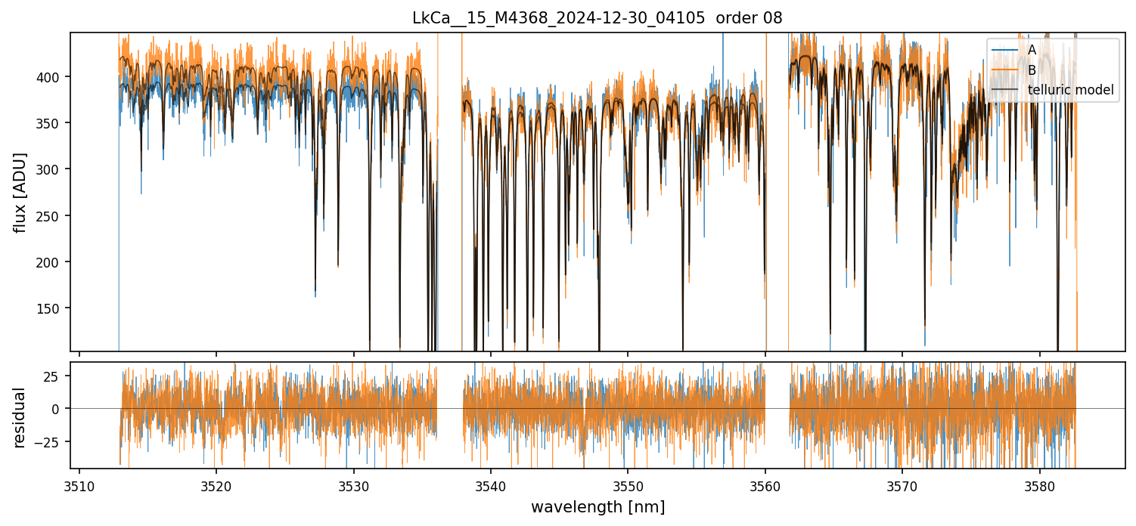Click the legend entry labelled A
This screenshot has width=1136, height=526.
click(x=1032, y=50)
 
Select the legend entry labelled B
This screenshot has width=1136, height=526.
click(x=1032, y=70)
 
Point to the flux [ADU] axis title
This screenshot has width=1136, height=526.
click(x=20, y=192)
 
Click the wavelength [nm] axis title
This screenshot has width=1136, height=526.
click(x=597, y=507)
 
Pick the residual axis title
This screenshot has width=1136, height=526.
click(x=20, y=417)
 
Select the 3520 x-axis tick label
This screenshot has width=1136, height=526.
click(x=216, y=486)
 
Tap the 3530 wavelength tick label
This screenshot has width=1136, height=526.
click(x=354, y=486)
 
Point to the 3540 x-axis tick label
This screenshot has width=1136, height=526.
click(x=491, y=486)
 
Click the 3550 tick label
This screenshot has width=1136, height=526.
click(x=628, y=486)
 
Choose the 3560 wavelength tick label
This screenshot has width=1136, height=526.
click(x=765, y=486)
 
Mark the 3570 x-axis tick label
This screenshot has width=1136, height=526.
click(x=902, y=486)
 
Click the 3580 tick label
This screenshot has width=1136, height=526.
click(x=1039, y=486)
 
